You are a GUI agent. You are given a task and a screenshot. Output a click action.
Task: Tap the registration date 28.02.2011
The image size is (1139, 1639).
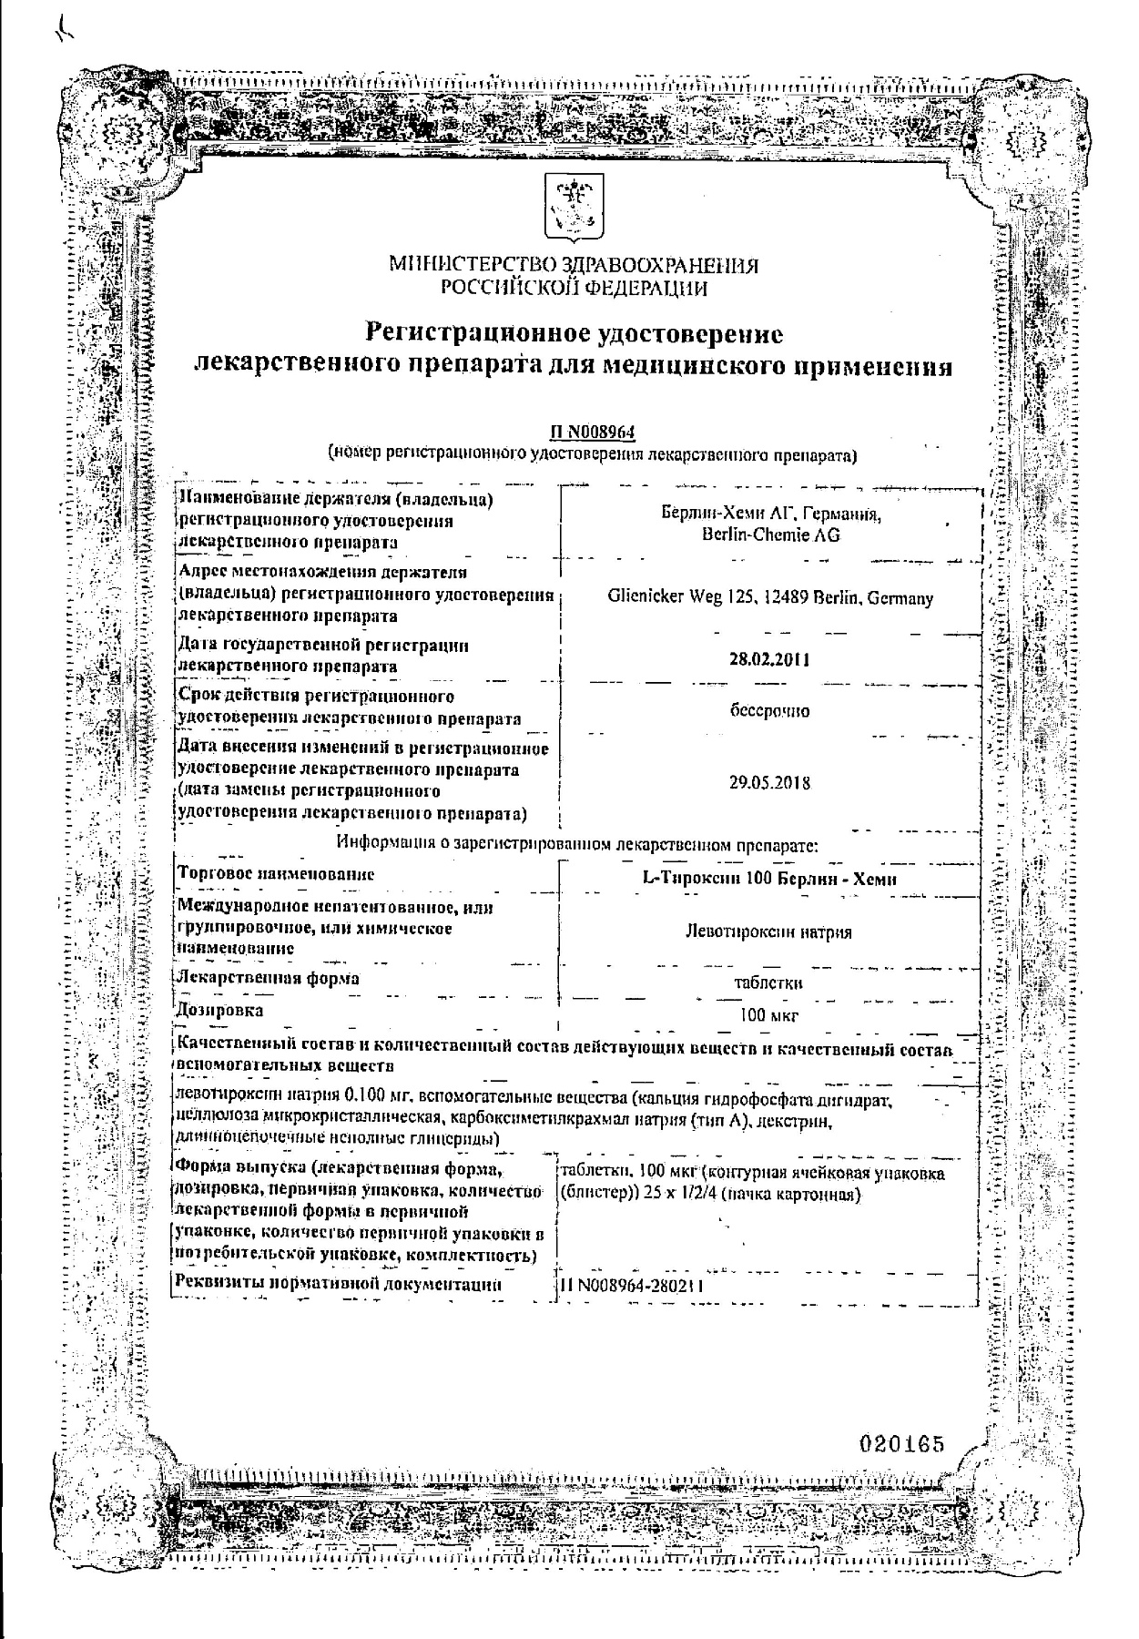[769, 660]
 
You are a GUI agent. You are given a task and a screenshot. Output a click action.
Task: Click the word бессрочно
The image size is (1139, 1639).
[769, 711]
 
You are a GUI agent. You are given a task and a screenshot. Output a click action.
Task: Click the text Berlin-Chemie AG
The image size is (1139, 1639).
[770, 536]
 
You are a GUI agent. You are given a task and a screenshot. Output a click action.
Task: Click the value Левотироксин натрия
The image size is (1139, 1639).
[769, 932]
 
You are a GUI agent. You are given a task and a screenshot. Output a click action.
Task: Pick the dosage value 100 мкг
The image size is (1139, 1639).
[769, 1016]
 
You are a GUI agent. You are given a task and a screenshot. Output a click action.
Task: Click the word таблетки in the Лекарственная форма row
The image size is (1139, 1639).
[769, 983]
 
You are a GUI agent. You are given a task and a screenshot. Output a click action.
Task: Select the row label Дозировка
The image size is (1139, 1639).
[221, 1011]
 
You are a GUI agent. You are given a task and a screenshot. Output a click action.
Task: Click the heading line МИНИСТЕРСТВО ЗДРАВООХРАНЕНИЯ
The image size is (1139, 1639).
[574, 266]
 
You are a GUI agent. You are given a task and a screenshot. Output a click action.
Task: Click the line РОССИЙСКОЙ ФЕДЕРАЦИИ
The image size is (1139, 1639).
[574, 289]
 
